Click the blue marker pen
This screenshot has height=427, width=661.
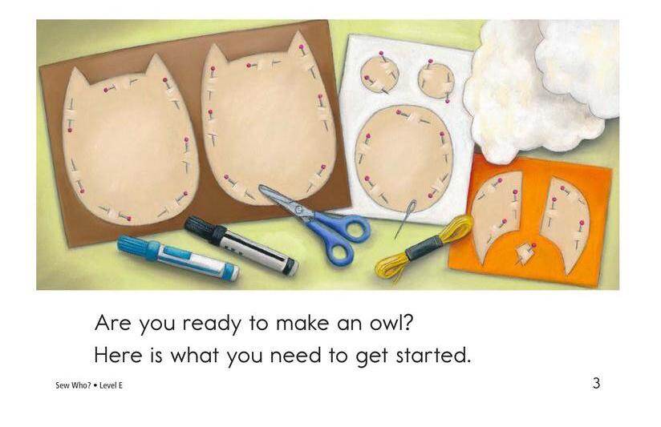coord(178,258)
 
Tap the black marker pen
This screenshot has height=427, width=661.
coord(241,245)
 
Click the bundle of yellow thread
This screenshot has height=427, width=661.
coord(424,248)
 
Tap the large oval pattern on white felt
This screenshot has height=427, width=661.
coord(403,158)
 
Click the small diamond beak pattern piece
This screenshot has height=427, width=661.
coord(524,253)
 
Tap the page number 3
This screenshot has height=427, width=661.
coord(596,384)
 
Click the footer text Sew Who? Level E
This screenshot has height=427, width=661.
coord(89,385)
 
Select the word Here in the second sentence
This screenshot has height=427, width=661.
coord(118,356)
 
